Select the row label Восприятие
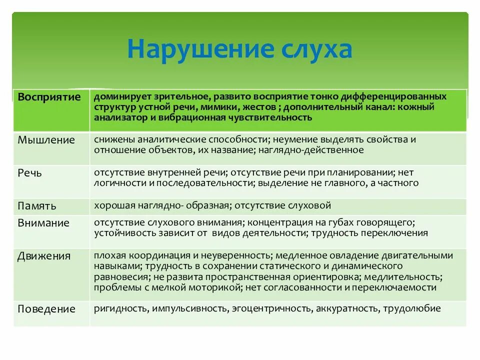pyautogui.click(x=49, y=97)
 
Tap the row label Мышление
pyautogui.click(x=46, y=140)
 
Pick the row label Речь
pyautogui.click(x=29, y=173)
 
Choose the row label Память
pyautogui.click(x=37, y=205)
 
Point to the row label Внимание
pyautogui.click(x=43, y=223)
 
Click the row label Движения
pyautogui.click(x=44, y=256)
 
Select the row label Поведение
pyautogui.click(x=46, y=309)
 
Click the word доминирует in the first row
pyautogui.click(x=118, y=96)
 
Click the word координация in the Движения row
pyautogui.click(x=145, y=255)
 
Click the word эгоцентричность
pyautogui.click(x=270, y=308)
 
